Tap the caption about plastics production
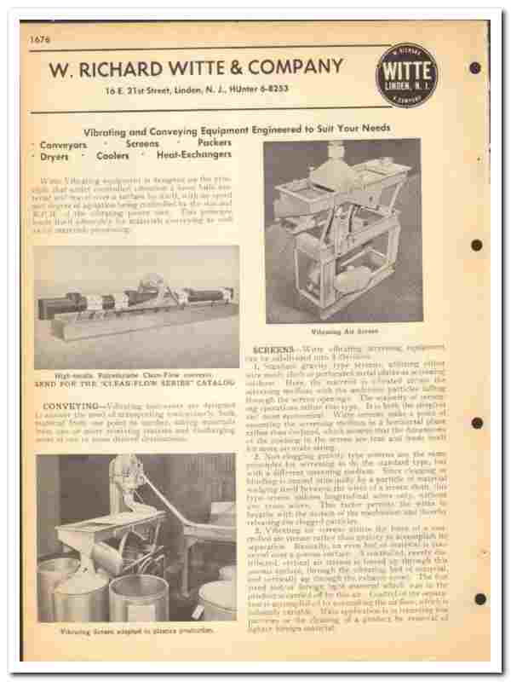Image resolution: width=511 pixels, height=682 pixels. click(x=135, y=632)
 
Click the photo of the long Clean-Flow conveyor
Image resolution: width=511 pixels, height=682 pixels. click(x=136, y=308)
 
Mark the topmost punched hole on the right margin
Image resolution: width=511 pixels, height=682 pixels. click(x=475, y=68)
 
